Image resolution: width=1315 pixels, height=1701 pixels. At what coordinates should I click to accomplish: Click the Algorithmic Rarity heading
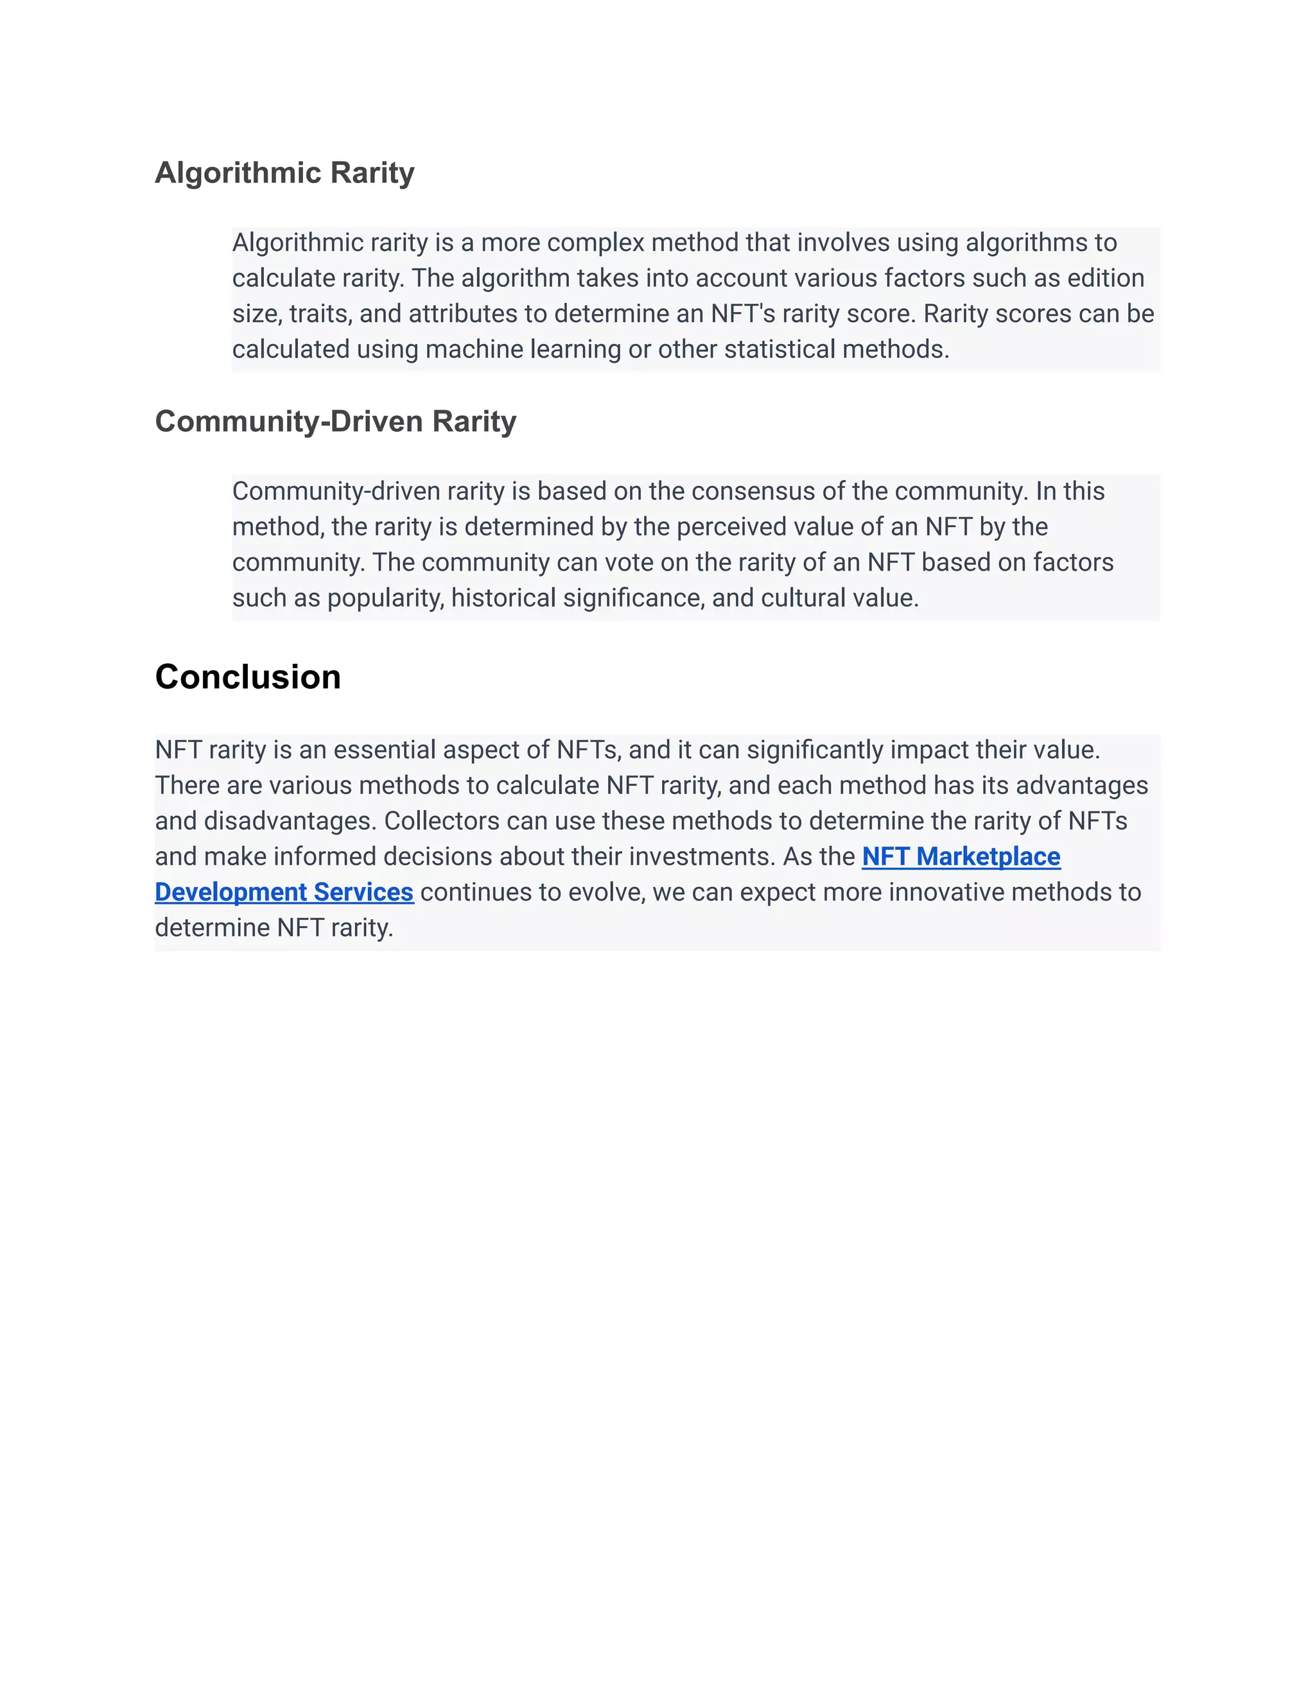coord(284,173)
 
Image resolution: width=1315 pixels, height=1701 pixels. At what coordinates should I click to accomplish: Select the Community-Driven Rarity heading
coord(335,421)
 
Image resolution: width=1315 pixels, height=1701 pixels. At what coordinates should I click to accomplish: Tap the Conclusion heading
coord(248,677)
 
